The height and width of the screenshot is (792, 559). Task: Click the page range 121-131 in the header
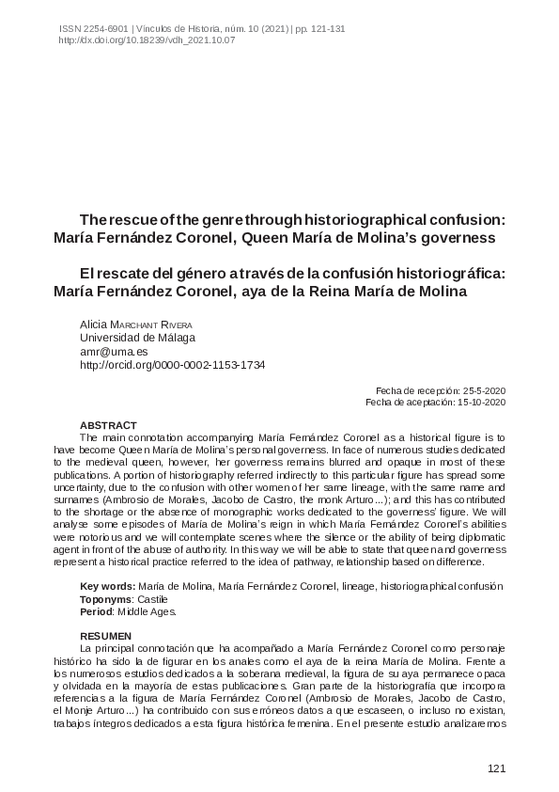coord(325,29)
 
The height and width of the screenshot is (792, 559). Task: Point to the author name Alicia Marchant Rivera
coord(135,324)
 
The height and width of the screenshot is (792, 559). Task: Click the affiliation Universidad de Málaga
coord(137,337)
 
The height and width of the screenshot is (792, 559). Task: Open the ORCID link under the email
coord(172,363)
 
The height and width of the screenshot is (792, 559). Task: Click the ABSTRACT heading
coord(108,425)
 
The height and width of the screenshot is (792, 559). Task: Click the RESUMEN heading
coord(106,636)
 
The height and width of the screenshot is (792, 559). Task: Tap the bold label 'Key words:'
coord(108,587)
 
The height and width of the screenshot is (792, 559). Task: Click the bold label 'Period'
coord(97,610)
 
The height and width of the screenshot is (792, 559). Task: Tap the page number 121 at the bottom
coord(497,769)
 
